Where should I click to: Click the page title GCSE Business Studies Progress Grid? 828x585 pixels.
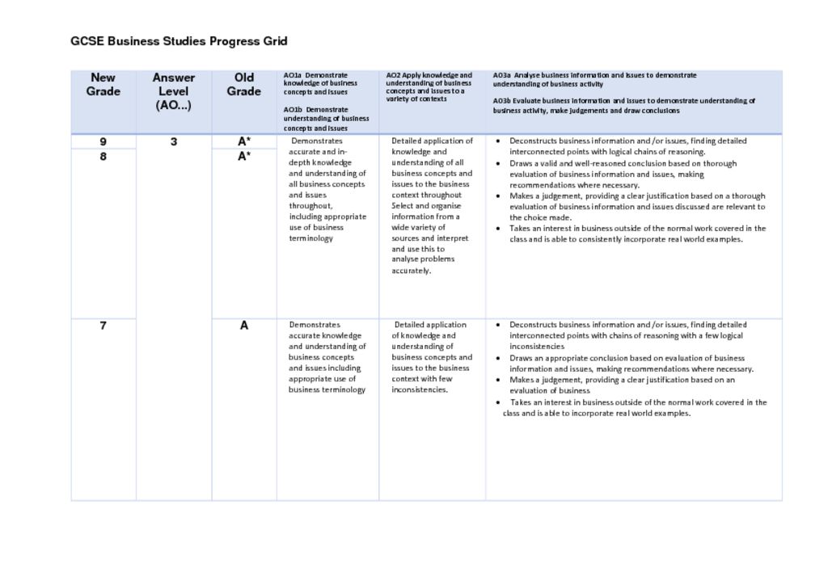(x=179, y=41)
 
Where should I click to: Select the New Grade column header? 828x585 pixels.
(x=103, y=85)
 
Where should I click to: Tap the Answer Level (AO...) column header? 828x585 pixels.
(x=173, y=91)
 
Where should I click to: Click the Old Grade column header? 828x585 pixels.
(x=243, y=85)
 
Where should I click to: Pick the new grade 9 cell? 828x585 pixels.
(x=103, y=141)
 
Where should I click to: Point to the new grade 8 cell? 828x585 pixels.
(x=103, y=157)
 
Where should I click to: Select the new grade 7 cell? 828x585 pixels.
(x=103, y=326)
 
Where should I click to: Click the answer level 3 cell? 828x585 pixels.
(x=173, y=142)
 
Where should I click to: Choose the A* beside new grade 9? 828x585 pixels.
(x=243, y=141)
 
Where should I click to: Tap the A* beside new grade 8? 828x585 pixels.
(x=243, y=157)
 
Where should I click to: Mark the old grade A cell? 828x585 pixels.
(x=243, y=326)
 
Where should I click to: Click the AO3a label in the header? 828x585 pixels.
(x=502, y=74)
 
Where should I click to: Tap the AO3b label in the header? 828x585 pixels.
(x=502, y=101)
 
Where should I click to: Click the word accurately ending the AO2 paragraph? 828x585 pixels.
(x=412, y=271)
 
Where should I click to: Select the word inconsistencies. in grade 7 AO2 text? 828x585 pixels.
(x=420, y=389)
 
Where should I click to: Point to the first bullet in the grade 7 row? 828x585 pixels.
(x=497, y=325)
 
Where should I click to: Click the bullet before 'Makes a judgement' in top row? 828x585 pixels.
(x=497, y=196)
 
